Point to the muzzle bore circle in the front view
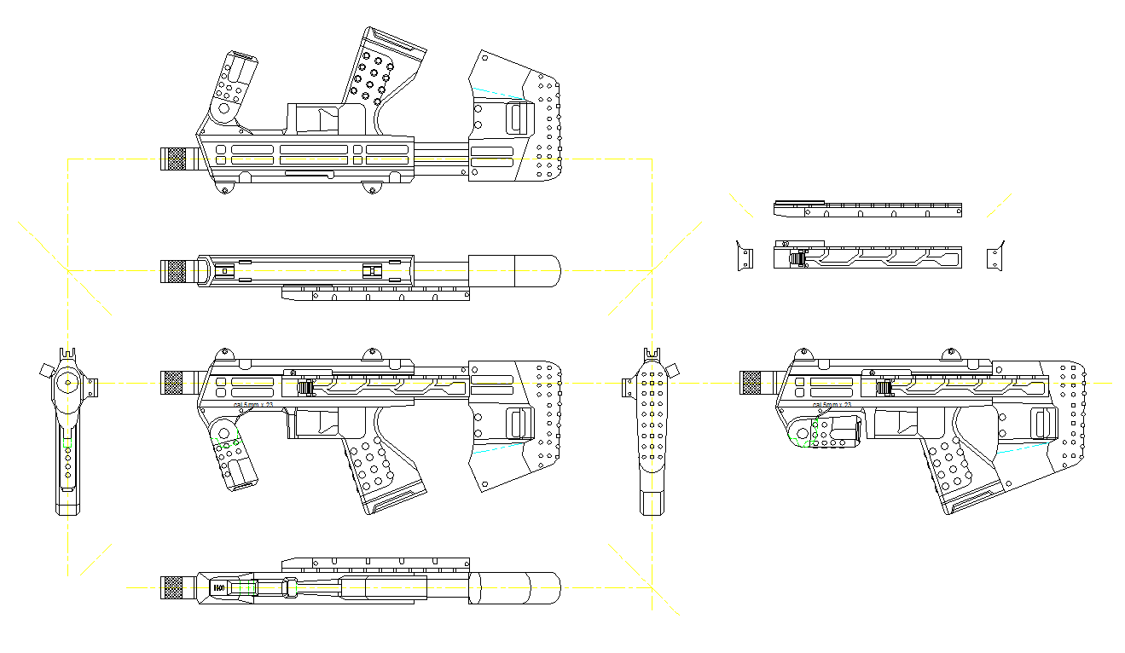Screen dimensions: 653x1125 (66, 383)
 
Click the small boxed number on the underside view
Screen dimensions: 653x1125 (218, 588)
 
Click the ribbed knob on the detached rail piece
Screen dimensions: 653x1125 (797, 258)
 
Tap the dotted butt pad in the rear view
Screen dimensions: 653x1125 (652, 418)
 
